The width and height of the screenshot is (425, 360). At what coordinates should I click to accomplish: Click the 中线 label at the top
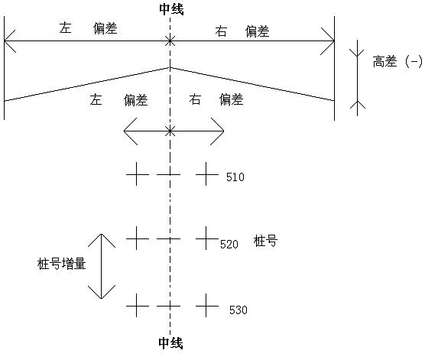pos(171,9)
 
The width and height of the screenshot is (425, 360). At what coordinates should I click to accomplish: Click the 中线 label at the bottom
pos(170,343)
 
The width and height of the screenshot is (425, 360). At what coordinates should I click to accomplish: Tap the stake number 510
pos(235,177)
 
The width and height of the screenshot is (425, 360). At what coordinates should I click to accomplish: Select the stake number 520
pos(229,245)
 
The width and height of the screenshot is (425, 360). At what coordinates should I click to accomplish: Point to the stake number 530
pos(238,310)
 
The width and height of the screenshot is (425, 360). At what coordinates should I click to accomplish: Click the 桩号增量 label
pos(61,264)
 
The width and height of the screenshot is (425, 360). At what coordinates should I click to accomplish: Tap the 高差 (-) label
pos(397,62)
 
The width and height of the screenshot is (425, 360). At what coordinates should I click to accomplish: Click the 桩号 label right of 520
pos(266,241)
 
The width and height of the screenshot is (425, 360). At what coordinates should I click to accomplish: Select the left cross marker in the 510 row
pos(137,174)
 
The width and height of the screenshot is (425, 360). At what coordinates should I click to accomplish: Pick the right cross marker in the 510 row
pos(206,174)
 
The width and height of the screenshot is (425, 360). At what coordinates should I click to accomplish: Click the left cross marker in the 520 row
pos(137,238)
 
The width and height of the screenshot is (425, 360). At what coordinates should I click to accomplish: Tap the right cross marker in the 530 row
pos(206,306)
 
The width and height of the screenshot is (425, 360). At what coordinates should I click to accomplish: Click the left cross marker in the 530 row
pos(137,306)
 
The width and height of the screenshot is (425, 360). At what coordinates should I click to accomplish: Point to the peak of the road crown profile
pos(170,67)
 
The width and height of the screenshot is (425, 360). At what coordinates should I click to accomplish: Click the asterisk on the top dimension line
pos(170,41)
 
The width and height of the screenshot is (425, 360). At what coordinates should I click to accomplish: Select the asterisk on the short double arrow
pos(170,131)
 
